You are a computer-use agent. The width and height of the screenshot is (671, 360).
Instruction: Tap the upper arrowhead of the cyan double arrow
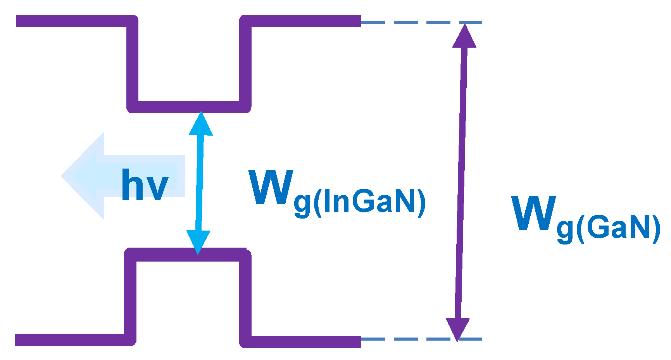coord(201,124)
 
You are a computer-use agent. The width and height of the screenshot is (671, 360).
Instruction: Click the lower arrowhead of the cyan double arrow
coord(198,242)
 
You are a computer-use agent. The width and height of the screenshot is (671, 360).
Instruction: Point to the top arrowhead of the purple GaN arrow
coord(464,36)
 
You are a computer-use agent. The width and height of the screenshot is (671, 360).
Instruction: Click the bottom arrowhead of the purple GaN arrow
coord(458,329)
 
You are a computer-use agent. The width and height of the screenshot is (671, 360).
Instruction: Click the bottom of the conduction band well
coord(189,107)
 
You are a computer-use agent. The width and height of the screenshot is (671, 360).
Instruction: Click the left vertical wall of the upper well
coord(132,64)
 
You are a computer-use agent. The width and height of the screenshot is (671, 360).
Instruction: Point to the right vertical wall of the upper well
coord(245,64)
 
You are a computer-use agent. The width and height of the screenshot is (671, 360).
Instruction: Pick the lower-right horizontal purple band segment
coord(302,341)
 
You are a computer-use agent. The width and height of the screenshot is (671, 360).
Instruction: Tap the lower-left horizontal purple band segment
coord(70,340)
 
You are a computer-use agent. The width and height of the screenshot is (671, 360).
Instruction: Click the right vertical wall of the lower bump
coord(245,298)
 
